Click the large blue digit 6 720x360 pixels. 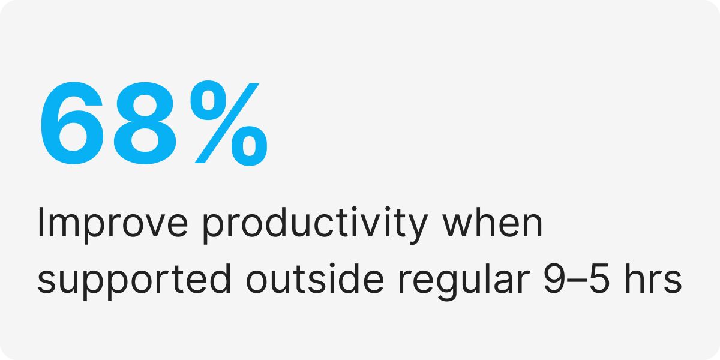[x=72, y=124]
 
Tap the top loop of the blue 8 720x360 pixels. [x=145, y=103]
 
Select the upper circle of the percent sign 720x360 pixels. [x=209, y=100]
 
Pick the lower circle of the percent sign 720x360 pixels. [x=249, y=146]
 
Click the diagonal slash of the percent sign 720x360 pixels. [x=227, y=123]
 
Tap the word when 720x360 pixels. [x=493, y=223]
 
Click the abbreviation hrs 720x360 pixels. [x=653, y=278]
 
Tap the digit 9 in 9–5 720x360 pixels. [x=554, y=278]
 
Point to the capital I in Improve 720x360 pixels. [x=41, y=223]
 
